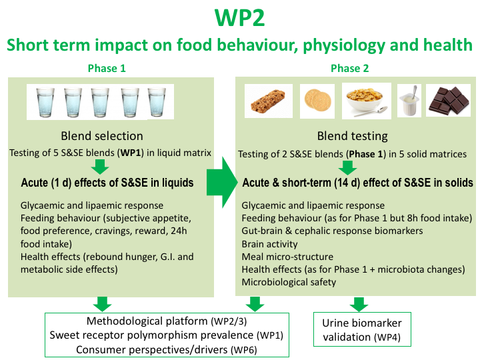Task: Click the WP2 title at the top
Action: (x=239, y=17)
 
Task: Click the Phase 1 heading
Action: (x=106, y=68)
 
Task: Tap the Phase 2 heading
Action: (x=350, y=68)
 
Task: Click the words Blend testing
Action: (x=351, y=136)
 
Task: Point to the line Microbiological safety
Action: (x=289, y=282)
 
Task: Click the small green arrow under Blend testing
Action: (x=351, y=167)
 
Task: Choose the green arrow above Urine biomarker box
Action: (x=359, y=303)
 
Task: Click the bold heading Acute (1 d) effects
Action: (x=107, y=183)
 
